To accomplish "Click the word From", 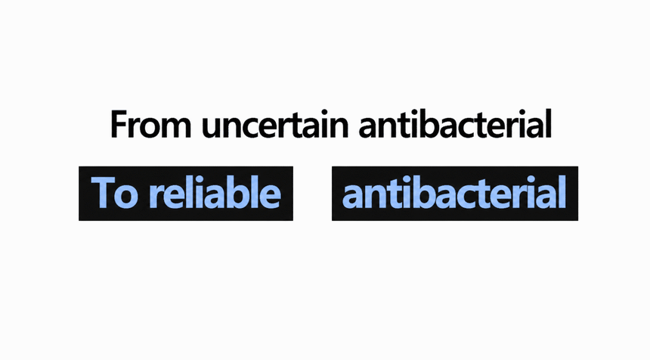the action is (x=151, y=125).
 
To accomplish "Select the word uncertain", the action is (x=275, y=125).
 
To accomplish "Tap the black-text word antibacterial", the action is (x=455, y=123).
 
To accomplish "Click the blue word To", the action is (x=114, y=192).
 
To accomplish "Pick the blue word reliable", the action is (x=215, y=192).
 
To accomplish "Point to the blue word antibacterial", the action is (x=454, y=192).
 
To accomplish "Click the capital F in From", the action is (x=119, y=124).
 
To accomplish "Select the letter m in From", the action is (x=176, y=128).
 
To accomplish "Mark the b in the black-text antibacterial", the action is (x=423, y=123).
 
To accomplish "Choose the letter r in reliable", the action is (x=156, y=196).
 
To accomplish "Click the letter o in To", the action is (x=126, y=196).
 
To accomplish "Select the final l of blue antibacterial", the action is (x=563, y=191).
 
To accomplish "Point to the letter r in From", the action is (x=135, y=128).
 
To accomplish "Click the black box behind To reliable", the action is (x=186, y=194).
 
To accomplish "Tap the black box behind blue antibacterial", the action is (x=455, y=194).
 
